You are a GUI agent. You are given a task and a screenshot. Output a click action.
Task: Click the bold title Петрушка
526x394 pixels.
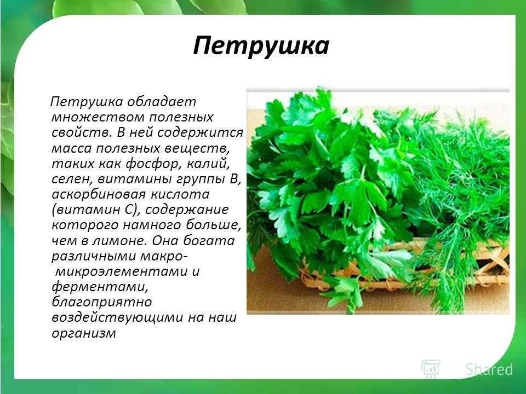point(261,46)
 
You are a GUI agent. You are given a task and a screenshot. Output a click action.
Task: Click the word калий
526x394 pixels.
point(209,164)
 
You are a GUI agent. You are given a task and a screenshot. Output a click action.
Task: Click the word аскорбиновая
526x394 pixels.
point(99,195)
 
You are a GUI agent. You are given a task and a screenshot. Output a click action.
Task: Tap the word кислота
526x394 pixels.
point(180,194)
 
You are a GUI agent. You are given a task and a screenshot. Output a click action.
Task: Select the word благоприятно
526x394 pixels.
point(102,303)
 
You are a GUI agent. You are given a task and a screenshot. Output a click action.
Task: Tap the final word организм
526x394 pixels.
point(84,334)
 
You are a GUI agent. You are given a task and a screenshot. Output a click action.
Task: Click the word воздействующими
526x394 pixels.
point(117,318)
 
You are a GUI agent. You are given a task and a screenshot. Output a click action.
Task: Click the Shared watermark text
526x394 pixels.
point(489,369)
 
